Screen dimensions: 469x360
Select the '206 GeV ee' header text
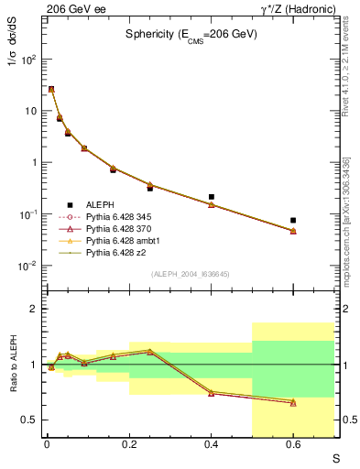click(x=71, y=8)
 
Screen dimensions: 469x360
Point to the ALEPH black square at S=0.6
click(x=293, y=220)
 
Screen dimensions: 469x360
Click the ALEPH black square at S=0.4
click(x=212, y=197)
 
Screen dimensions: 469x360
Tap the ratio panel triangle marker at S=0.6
click(x=293, y=402)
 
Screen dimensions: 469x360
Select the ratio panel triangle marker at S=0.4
click(x=212, y=393)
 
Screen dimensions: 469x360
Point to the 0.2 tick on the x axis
click(x=129, y=445)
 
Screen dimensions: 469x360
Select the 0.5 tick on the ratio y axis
click(x=30, y=420)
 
